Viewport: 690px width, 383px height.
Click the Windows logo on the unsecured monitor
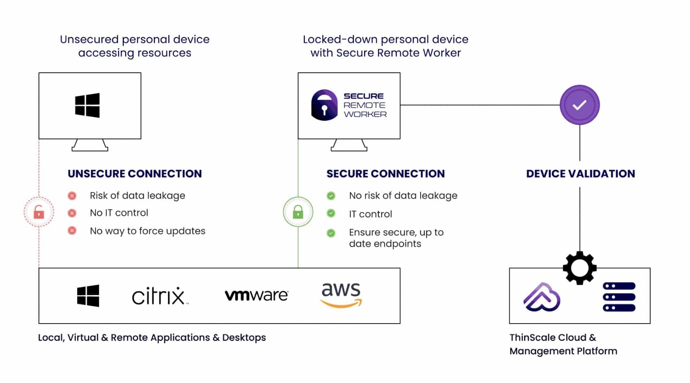87,105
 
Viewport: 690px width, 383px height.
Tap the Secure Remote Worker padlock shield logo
324,105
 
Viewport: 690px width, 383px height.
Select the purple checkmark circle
579,105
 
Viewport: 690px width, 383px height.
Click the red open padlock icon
39,212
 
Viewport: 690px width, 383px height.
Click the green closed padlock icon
298,212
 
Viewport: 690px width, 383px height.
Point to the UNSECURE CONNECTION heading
135,174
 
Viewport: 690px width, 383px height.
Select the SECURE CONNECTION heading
386,174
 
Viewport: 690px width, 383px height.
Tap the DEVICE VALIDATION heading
581,174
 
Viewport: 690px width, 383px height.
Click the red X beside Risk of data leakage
72,196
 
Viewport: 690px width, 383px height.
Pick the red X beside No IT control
72,213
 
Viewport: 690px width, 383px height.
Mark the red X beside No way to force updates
72,231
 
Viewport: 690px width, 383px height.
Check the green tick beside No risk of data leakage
331,196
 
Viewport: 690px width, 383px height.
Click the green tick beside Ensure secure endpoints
331,233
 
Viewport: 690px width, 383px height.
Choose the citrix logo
160,296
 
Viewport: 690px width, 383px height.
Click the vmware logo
256,295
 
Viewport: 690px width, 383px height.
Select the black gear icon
580,268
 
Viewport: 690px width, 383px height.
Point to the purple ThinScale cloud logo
542,297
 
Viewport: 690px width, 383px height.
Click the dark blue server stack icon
619,297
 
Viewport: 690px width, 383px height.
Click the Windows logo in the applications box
88,296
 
